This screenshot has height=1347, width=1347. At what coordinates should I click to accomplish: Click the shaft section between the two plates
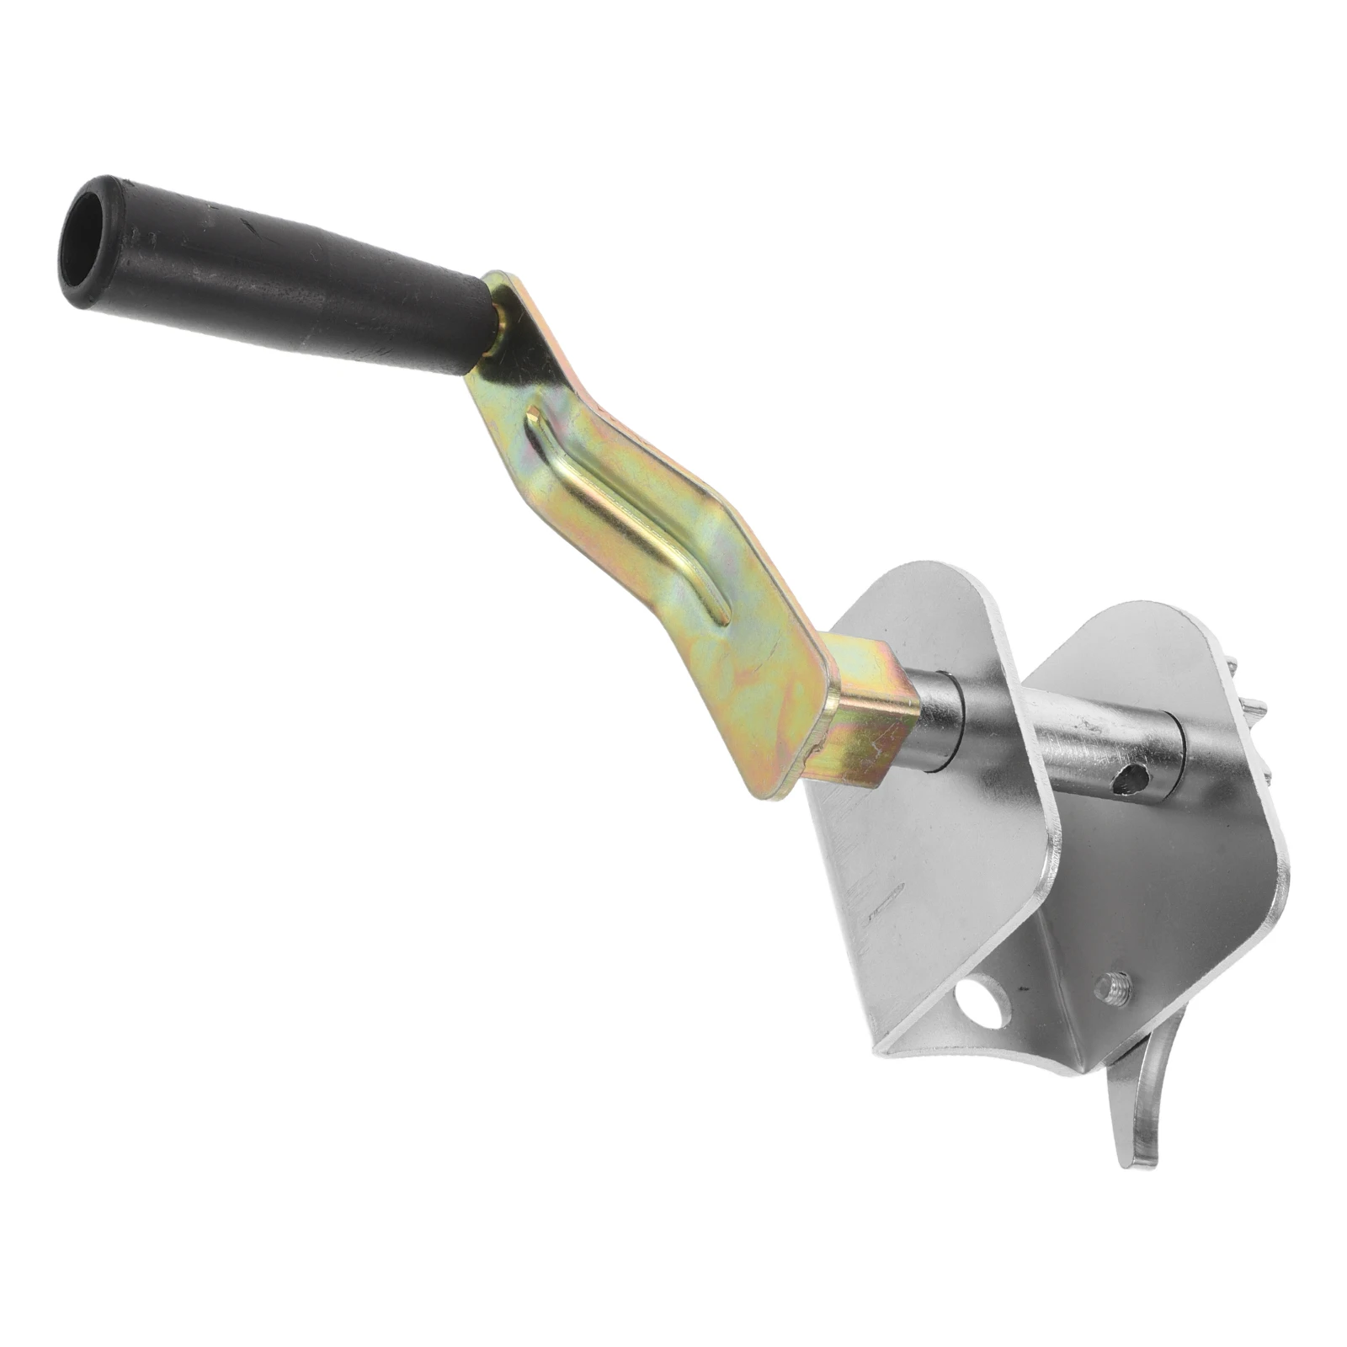tap(1094, 741)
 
